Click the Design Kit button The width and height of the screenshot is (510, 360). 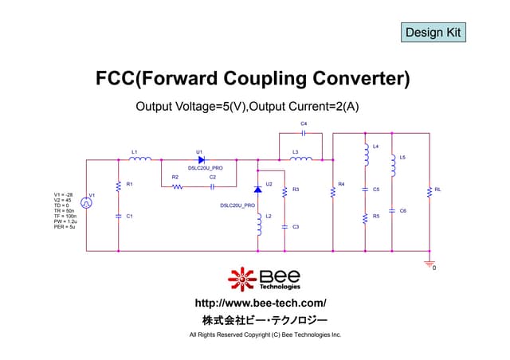coord(433,33)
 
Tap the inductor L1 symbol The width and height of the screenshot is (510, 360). coord(140,159)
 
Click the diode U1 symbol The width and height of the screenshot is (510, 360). coord(201,159)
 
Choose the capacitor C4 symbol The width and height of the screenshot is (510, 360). coord(304,133)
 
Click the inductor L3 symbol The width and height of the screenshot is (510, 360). coord(301,159)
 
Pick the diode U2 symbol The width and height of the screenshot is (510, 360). coord(257,190)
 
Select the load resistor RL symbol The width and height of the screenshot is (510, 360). coord(430,191)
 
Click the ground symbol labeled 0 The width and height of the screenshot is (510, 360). coord(430,262)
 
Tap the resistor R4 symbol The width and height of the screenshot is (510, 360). coord(332,190)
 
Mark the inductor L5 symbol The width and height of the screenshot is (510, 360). coord(392,166)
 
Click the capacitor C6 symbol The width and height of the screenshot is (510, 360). coord(392,210)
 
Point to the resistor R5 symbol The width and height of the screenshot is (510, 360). coord(365,217)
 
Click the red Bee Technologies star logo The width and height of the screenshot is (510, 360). coord(242,280)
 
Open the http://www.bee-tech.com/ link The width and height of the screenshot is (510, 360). coord(261,303)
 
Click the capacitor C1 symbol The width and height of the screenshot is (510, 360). coord(118,216)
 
